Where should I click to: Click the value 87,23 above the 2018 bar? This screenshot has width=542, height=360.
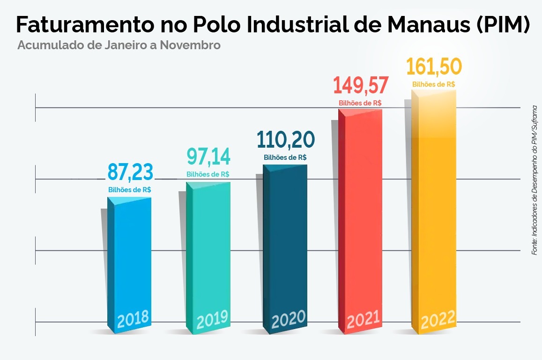(x=130, y=172)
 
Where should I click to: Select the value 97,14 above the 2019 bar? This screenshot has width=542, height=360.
(x=208, y=157)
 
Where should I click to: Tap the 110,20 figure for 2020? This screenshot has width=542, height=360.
(x=286, y=140)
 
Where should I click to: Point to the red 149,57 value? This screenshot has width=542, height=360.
(x=361, y=86)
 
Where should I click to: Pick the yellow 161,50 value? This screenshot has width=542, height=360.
(x=434, y=67)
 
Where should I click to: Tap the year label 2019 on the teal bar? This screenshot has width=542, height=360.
(x=212, y=321)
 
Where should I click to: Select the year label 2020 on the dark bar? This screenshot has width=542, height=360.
(x=289, y=320)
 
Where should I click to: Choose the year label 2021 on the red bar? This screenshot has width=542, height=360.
(x=363, y=320)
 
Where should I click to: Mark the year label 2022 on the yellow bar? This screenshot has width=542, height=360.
(x=438, y=320)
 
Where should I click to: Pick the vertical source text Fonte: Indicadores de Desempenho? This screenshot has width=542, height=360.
(x=535, y=180)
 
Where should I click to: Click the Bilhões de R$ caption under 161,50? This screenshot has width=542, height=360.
(x=434, y=84)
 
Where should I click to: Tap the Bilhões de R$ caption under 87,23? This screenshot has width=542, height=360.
(x=130, y=190)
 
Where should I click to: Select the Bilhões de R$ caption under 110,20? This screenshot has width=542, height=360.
(x=285, y=157)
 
